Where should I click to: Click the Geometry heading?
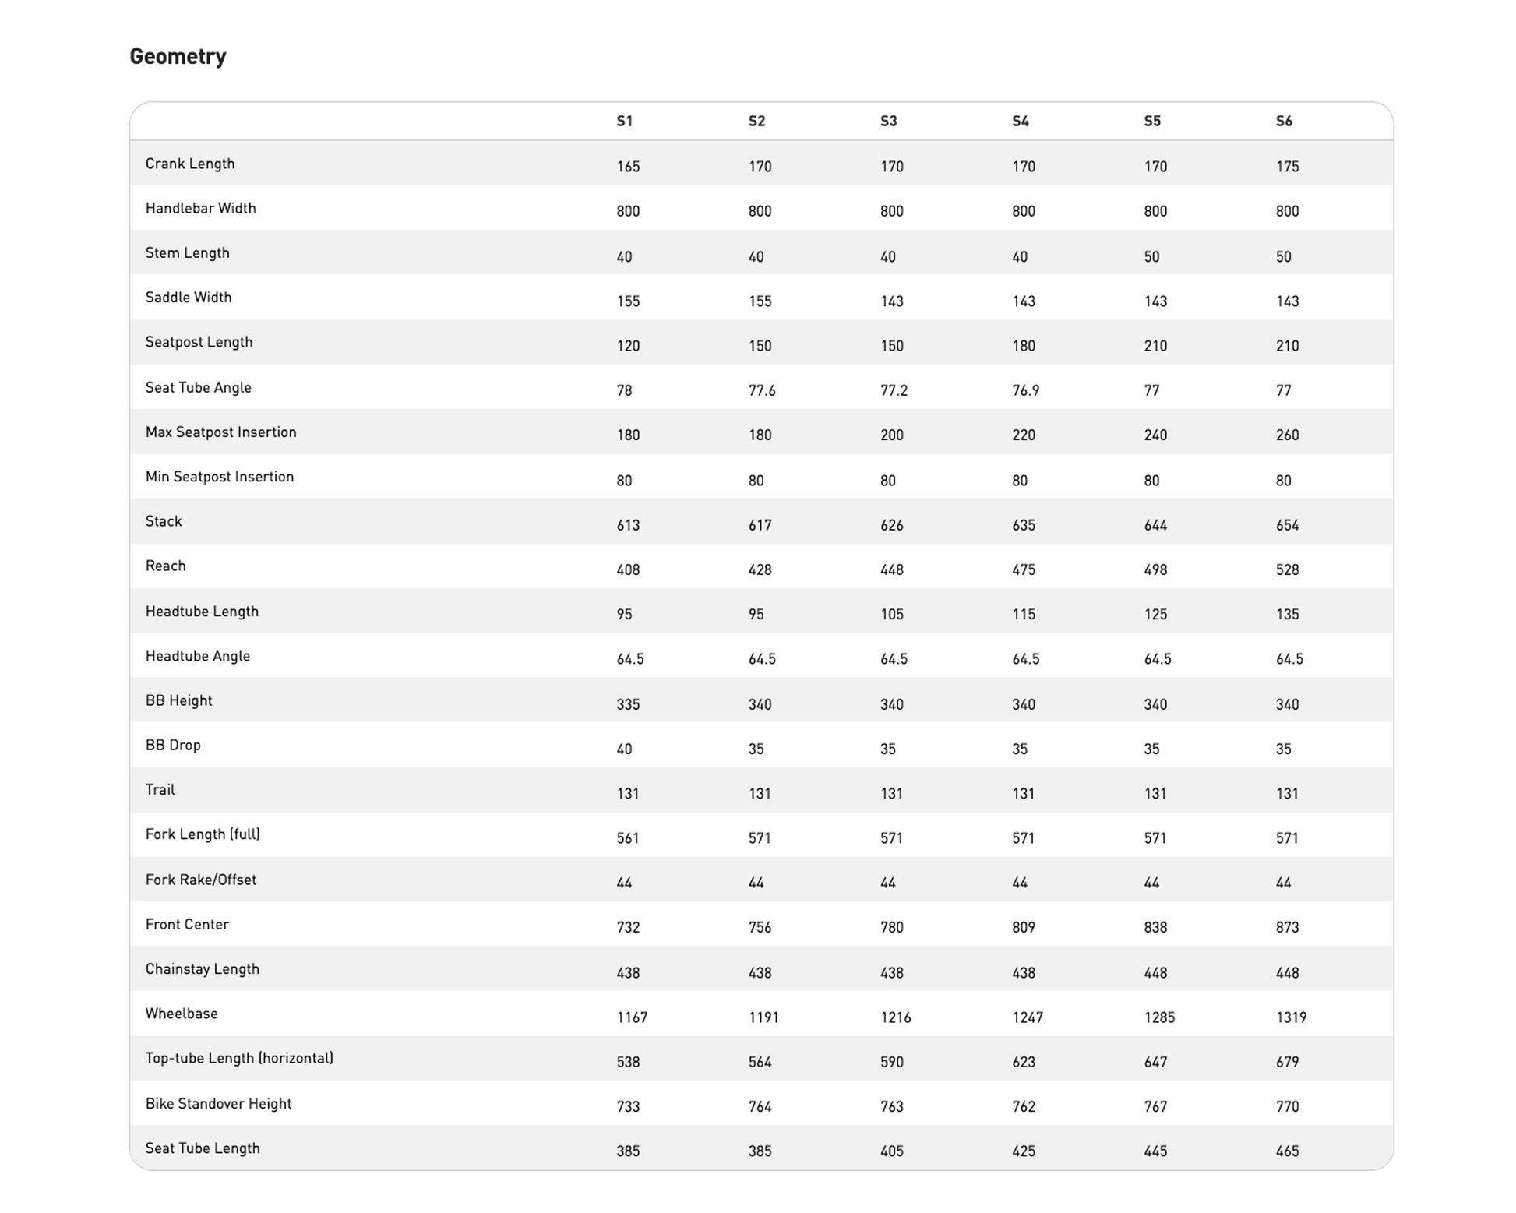(x=178, y=57)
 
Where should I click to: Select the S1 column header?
(x=624, y=122)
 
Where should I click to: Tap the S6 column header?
(x=1284, y=122)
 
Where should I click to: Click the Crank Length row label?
(x=190, y=164)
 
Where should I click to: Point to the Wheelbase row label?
(x=182, y=1014)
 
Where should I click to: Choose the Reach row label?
(x=166, y=566)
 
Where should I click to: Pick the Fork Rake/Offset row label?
(x=201, y=880)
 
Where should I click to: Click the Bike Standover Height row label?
(x=218, y=1104)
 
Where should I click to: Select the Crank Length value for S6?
(x=1287, y=167)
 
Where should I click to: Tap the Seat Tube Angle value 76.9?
(x=1025, y=390)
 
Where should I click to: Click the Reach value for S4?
(x=1024, y=570)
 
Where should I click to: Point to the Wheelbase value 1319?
(x=1291, y=1017)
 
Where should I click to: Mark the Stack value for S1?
(x=628, y=525)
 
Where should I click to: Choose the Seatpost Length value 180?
(x=1024, y=346)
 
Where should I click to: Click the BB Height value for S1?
(x=628, y=704)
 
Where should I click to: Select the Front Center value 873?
(x=1287, y=928)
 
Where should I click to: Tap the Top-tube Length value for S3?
(x=892, y=1062)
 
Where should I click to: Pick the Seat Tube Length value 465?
(x=1287, y=1151)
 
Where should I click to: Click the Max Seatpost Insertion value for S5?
(x=1155, y=435)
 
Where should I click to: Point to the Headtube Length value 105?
(x=892, y=615)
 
